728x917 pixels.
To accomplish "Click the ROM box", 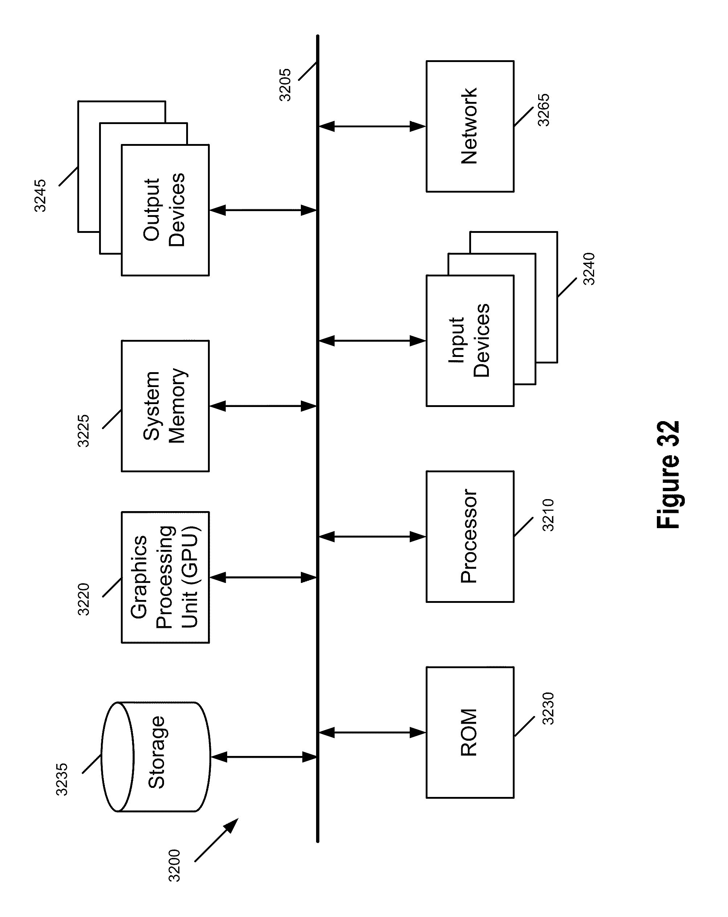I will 470,732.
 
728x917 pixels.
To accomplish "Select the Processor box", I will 470,536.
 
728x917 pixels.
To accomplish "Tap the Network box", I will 470,126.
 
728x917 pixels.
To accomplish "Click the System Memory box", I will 165,406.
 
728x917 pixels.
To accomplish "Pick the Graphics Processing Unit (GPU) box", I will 165,577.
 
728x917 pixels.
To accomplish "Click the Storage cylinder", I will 156,757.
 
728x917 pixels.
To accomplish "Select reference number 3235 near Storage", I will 62,779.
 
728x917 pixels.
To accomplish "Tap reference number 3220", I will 84,599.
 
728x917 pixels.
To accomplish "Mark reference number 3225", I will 84,431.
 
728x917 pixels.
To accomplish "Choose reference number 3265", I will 544,110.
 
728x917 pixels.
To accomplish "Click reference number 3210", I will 548,515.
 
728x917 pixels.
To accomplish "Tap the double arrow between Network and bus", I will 372,126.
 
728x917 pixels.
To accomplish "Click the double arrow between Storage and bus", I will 264,757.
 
